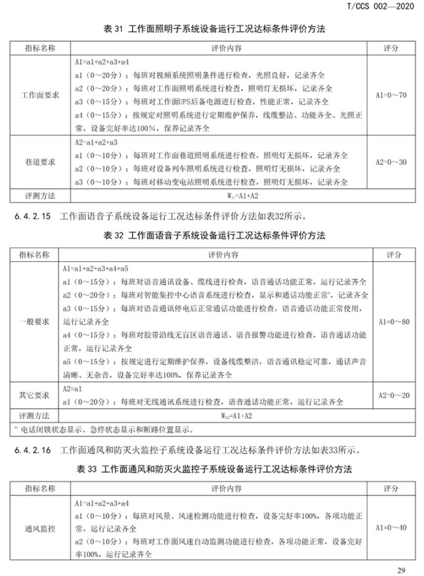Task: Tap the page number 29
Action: [400, 569]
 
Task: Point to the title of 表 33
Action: [212, 469]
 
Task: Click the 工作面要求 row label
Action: [40, 95]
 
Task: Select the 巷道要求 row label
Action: [40, 162]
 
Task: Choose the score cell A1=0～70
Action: [391, 95]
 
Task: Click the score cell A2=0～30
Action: [391, 162]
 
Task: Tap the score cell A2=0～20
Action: [391, 395]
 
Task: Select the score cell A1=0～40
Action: [391, 528]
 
